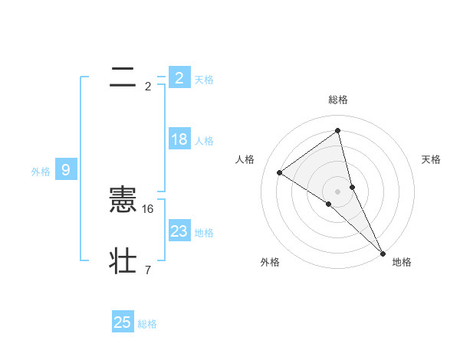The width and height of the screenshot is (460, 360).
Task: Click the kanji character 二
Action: (x=123, y=77)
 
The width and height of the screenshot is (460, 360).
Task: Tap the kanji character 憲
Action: (x=123, y=200)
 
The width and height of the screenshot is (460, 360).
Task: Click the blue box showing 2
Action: (x=179, y=77)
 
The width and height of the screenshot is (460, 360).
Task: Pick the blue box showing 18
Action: (x=179, y=139)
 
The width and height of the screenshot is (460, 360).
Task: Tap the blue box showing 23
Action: (x=179, y=231)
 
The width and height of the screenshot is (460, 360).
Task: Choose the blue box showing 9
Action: (x=66, y=170)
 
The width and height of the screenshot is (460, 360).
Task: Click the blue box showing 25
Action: (x=123, y=322)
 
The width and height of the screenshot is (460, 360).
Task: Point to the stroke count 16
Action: (x=149, y=208)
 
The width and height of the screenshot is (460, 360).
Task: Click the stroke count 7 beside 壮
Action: (x=148, y=270)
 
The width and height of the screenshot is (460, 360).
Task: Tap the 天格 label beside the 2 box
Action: (x=204, y=80)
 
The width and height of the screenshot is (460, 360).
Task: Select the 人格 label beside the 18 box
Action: (x=204, y=141)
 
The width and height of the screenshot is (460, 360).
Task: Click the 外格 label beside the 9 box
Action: (x=41, y=172)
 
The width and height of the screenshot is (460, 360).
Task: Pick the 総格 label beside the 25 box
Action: (x=147, y=324)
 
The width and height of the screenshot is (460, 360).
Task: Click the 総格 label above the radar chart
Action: (x=338, y=100)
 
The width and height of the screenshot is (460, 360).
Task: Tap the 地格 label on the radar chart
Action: (x=402, y=262)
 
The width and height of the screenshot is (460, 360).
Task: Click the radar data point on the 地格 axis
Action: (x=383, y=252)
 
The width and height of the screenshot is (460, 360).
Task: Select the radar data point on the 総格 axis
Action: (x=338, y=131)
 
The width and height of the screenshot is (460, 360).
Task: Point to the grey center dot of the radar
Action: (x=338, y=191)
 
